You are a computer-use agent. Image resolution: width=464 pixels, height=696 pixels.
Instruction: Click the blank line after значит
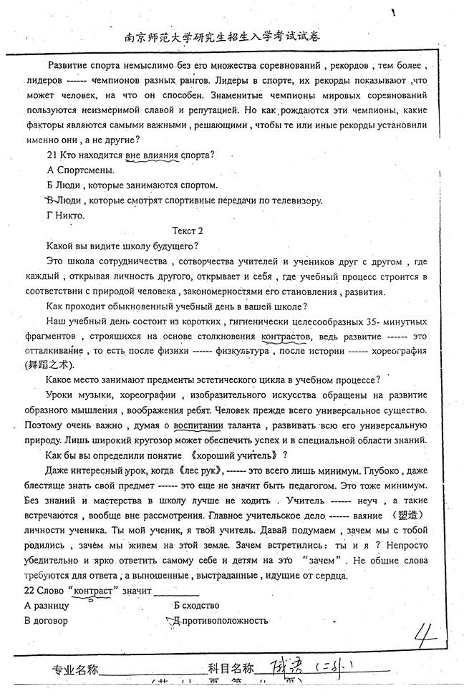pyautogui.click(x=176, y=593)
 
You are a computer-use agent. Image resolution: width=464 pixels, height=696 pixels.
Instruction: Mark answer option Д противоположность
pyautogui.click(x=220, y=620)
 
